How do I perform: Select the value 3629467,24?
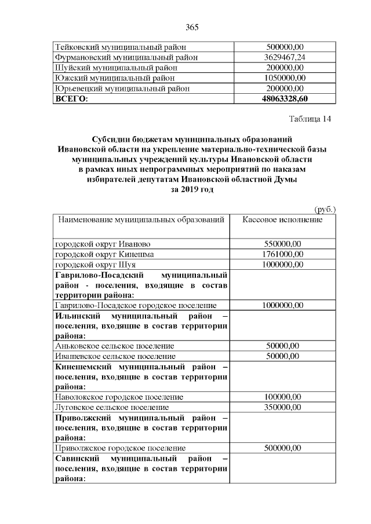284,57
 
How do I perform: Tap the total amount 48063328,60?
284,99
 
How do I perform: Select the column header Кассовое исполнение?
282,221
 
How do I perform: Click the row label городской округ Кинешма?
104,254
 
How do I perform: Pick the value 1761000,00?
282,254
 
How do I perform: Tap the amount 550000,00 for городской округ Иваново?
282,243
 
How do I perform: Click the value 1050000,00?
284,78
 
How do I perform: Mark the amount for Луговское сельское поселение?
282,407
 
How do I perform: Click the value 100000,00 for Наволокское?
282,397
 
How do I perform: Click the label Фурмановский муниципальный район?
126,57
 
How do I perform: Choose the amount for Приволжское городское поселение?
282,448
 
